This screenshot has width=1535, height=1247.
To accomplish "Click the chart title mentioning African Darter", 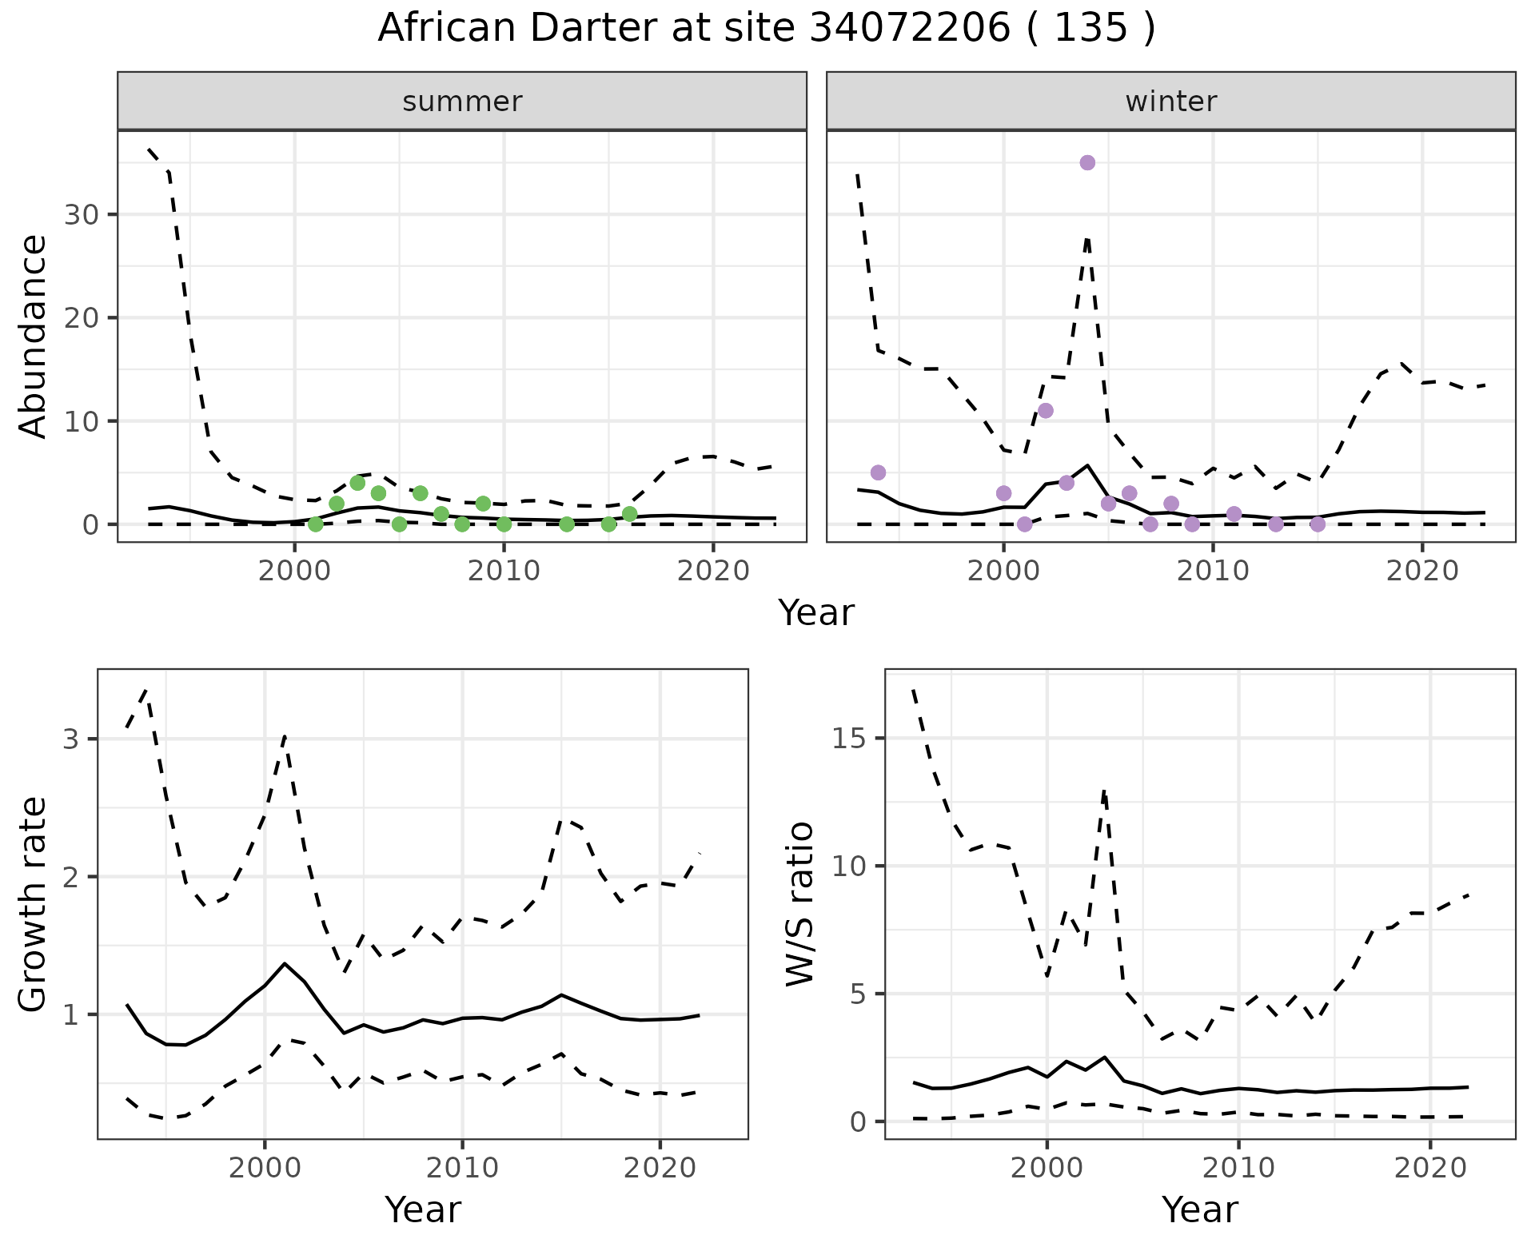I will pos(766,29).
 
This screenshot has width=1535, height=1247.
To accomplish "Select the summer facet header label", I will pos(462,102).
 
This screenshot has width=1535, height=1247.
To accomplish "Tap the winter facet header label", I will pos(1170,102).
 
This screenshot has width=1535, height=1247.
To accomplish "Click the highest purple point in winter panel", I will pos(1087,163).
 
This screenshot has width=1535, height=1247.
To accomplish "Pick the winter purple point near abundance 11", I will pos(1045,411).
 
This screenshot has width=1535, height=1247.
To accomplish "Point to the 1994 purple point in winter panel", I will pos(878,472).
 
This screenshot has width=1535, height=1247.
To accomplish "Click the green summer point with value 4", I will pos(357,483).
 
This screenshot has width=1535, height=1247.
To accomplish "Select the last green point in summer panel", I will pos(629,514).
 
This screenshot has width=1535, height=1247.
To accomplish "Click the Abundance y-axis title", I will pos(34,336).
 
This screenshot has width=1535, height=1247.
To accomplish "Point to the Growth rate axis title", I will pos(34,905).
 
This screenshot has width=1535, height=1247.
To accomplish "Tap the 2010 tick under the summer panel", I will pos(504,572).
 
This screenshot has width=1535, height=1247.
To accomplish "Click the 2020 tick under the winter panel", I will pos(1422,572).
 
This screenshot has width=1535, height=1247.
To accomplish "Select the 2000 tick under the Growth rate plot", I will pos(265,1168).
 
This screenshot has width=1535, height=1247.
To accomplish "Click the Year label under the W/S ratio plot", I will pos(1199,1210).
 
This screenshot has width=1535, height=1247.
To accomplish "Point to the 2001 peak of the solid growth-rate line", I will pos(285,963).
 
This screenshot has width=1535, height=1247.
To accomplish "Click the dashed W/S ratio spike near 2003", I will pos(1104,791).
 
